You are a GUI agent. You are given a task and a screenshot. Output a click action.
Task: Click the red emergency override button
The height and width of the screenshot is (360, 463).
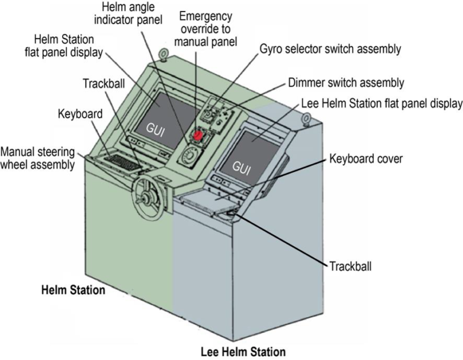197,134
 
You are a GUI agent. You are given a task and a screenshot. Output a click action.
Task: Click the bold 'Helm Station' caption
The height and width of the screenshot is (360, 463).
73,291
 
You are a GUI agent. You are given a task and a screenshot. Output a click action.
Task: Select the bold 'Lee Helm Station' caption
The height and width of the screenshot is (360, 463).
243,351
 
